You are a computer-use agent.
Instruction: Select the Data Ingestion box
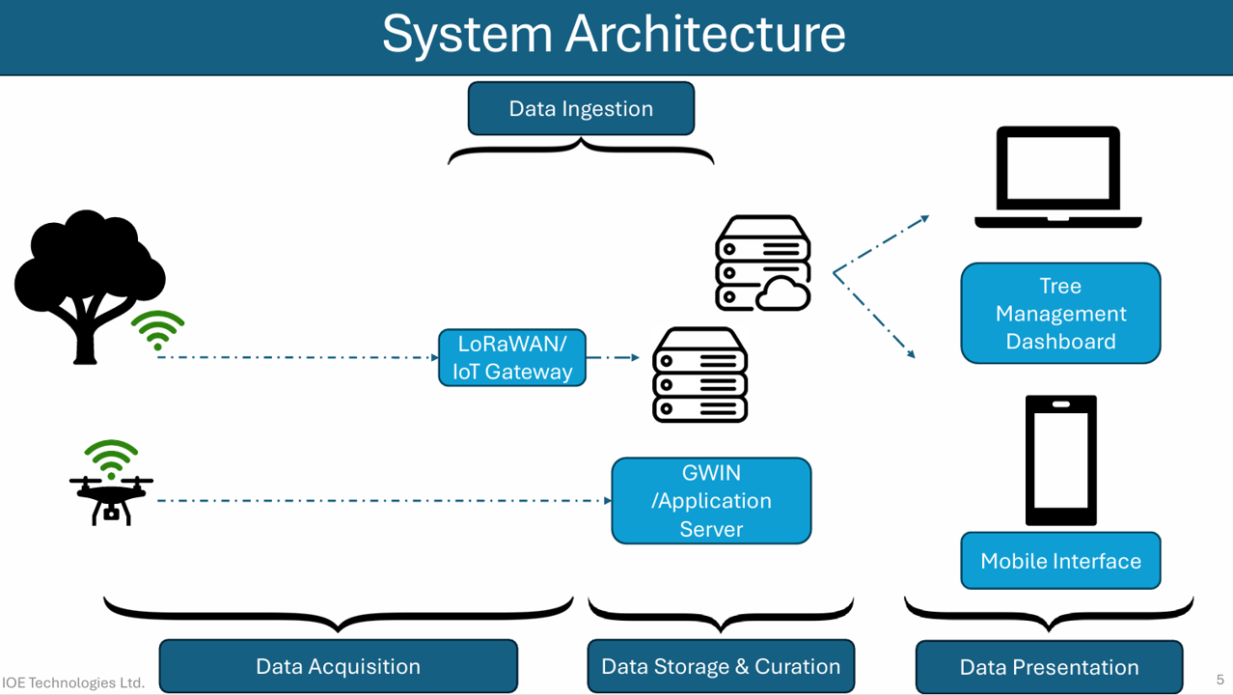(x=581, y=108)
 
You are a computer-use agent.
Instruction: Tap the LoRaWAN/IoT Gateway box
(x=512, y=357)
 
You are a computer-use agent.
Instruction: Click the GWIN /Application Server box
(x=711, y=501)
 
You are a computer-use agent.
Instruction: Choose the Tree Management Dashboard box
(x=1060, y=314)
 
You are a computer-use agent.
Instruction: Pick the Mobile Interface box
(x=1060, y=561)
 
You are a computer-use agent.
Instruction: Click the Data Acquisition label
(x=338, y=666)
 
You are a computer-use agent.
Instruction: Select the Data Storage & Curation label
(x=721, y=666)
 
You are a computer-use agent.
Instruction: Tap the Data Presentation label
(x=1049, y=667)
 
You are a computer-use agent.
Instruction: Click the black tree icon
(x=88, y=287)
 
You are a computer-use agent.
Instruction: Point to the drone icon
(x=111, y=500)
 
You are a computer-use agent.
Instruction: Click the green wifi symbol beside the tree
(x=157, y=330)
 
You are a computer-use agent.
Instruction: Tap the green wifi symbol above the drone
(x=111, y=459)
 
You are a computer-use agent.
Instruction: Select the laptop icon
(x=1058, y=177)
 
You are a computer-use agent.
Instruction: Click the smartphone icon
(x=1060, y=459)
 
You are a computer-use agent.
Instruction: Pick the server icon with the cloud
(x=762, y=264)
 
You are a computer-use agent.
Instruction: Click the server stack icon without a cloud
(x=699, y=375)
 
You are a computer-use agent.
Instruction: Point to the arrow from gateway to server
(x=613, y=357)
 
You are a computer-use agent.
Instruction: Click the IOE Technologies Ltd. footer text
(x=73, y=682)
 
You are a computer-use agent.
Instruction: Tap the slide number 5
(x=1220, y=680)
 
